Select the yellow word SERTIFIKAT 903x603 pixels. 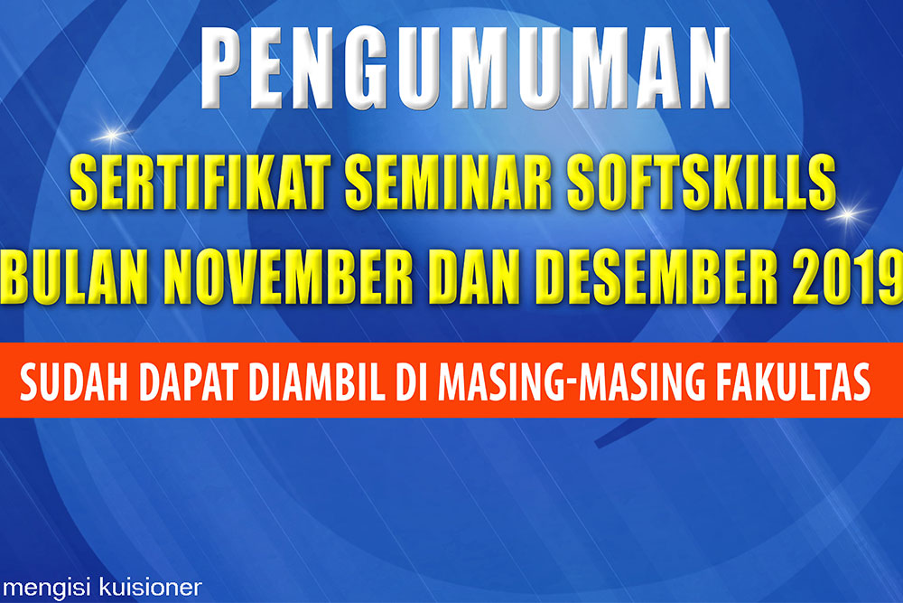[x=200, y=183]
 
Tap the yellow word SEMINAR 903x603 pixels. [x=449, y=183]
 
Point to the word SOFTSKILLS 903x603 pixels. [x=701, y=183]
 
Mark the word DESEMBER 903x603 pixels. [x=657, y=277]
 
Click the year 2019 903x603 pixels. [x=848, y=277]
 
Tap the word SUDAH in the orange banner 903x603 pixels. [x=74, y=382]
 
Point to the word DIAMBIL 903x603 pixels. [x=317, y=382]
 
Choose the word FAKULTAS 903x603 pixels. [x=793, y=382]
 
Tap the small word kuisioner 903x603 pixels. [x=150, y=588]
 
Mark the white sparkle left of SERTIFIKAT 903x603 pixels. [x=111, y=136]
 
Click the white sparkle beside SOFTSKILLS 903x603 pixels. [x=848, y=214]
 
